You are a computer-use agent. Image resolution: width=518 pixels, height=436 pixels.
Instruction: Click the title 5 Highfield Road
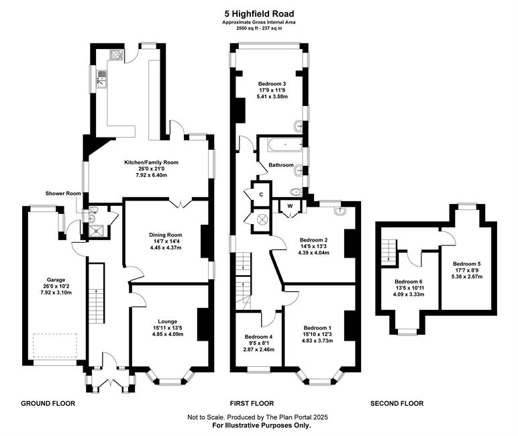259,14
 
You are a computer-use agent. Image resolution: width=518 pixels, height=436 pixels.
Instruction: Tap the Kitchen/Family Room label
151,162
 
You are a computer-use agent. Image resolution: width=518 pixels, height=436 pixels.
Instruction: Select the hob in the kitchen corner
117,54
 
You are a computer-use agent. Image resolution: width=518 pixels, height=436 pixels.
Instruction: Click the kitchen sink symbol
102,79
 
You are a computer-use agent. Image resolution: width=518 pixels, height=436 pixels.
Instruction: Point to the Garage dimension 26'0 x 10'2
56,286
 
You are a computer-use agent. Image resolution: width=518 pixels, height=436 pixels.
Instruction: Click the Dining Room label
166,235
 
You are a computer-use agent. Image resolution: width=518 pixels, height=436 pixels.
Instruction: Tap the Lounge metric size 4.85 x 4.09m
168,334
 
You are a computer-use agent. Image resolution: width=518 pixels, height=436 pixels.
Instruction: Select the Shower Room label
63,193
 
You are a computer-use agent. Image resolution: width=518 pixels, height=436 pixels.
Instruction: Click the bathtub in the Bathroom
285,145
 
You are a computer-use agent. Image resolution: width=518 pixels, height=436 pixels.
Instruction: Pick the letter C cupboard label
261,195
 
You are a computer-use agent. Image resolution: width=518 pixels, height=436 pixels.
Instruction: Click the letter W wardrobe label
290,206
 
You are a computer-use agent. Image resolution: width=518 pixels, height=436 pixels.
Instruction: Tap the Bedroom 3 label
272,84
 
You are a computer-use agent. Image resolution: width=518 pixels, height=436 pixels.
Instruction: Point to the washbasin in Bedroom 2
340,211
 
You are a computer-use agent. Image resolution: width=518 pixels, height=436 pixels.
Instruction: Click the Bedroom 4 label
259,337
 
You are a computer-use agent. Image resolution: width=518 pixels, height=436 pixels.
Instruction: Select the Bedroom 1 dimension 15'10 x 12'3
317,334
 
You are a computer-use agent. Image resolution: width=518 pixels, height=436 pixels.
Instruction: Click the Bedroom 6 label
409,282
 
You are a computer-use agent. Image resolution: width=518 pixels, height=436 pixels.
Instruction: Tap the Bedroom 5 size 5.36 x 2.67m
467,276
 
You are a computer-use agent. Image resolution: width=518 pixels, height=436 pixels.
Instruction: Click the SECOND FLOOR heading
397,403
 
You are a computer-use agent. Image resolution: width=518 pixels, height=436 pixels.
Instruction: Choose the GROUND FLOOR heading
48,403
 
